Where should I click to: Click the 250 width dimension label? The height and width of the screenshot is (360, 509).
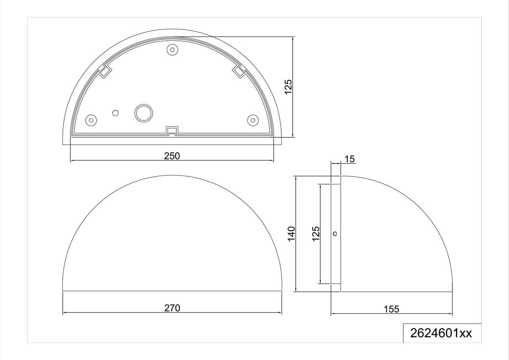click(172, 156)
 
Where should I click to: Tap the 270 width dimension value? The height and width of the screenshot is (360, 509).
click(172, 308)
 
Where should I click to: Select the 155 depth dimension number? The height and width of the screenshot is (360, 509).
click(391, 309)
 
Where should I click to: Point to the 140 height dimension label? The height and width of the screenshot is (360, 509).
click(291, 234)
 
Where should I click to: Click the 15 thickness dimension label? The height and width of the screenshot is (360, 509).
click(350, 159)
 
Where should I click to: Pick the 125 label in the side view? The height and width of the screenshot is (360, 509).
click(316, 234)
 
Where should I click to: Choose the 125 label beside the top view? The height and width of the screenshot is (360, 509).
click(288, 87)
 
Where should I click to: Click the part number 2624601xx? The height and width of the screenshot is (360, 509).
click(441, 333)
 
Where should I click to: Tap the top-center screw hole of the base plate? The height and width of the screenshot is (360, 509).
click(172, 50)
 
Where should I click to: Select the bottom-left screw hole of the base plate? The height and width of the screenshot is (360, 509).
click(91, 120)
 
